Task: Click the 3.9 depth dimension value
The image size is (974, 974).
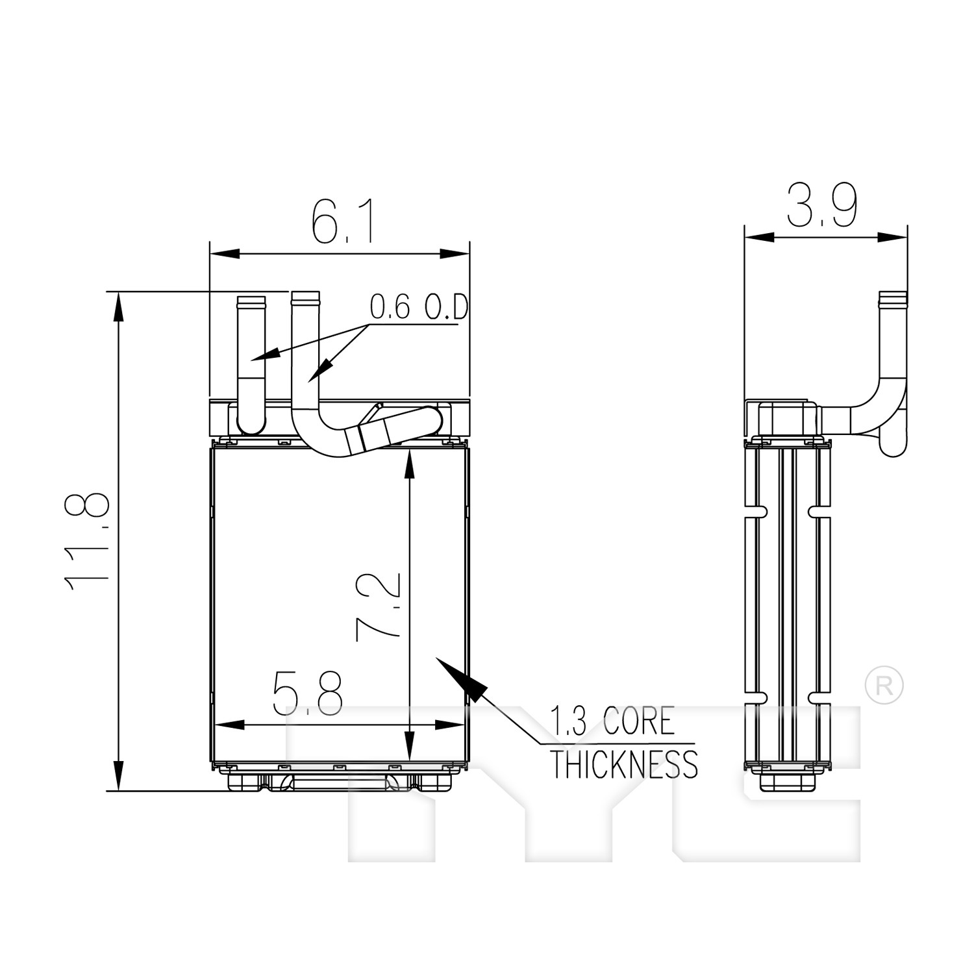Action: [x=822, y=205]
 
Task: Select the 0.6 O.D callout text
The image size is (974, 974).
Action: [x=419, y=307]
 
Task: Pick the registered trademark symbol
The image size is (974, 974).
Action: [x=884, y=685]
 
